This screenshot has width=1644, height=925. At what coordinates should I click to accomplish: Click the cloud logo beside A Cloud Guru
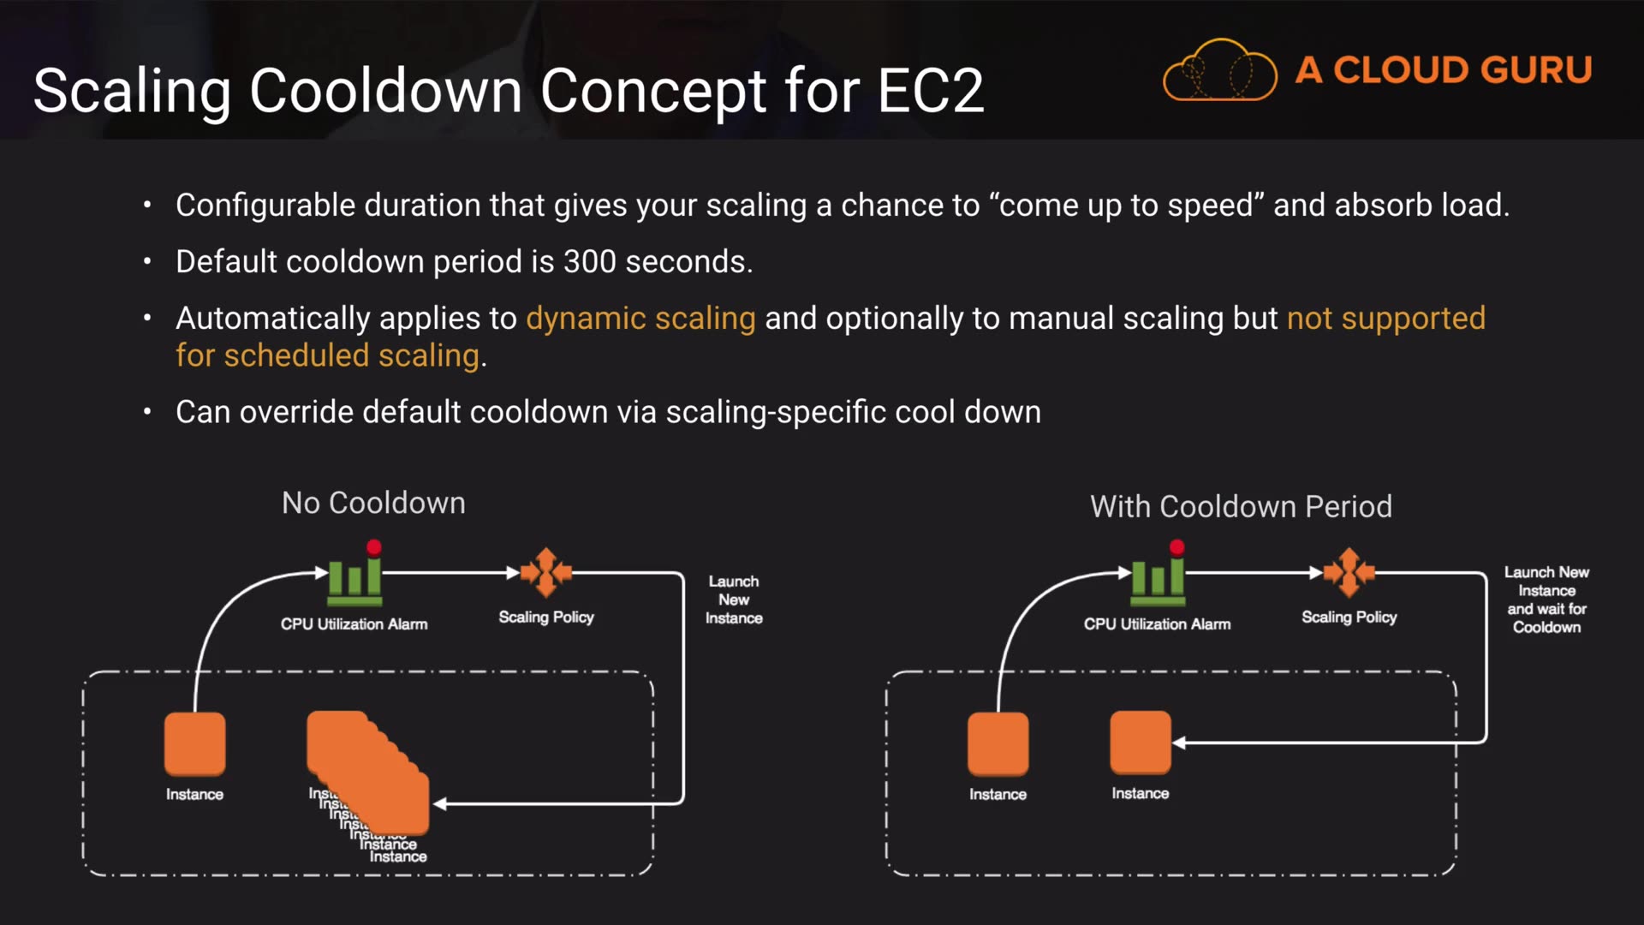1219,70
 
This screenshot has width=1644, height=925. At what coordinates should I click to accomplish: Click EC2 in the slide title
931,91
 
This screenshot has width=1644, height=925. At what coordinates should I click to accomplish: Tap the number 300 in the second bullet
589,261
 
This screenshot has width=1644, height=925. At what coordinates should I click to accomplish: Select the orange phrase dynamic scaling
640,319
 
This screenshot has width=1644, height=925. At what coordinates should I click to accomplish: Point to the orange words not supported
1385,319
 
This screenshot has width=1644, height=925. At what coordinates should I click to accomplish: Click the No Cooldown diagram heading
373,503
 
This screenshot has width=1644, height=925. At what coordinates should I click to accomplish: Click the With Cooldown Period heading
1241,506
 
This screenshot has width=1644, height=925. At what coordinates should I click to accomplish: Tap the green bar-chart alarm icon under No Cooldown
354,579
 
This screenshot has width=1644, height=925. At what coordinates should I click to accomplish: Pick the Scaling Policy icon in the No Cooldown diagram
545,572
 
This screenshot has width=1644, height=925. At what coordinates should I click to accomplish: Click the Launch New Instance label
734,600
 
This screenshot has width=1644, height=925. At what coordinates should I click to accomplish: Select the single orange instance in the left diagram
194,743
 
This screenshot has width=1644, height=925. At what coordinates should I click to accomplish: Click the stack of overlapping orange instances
368,771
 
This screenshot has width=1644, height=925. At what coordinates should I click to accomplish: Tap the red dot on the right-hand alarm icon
1177,547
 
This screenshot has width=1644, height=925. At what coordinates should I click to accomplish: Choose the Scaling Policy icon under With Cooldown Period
1349,572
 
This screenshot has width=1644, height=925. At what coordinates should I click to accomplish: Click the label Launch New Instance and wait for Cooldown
1546,600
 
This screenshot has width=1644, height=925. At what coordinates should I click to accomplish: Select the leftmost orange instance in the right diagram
998,743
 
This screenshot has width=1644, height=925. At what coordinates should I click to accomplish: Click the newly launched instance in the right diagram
1140,742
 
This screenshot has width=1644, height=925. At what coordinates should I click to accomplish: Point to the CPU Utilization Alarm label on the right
1157,624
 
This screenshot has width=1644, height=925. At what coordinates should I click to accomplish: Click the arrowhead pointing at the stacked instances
440,804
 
